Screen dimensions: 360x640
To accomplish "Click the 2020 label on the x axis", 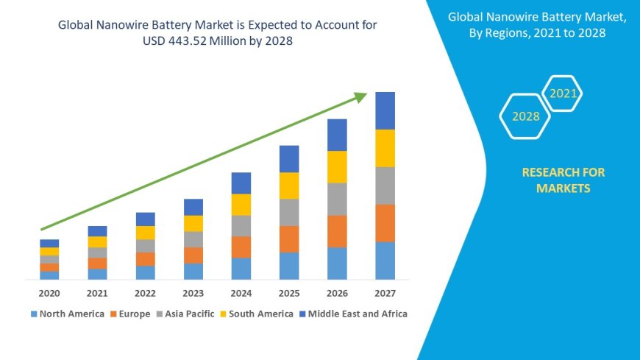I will (49, 293).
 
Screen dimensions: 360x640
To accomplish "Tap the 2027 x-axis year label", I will (385, 293).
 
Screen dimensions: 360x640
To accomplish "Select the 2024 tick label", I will (241, 293).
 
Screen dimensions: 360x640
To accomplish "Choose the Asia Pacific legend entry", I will (184, 314).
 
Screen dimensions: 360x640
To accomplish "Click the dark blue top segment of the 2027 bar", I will (385, 110).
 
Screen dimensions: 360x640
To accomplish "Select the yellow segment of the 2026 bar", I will (337, 166).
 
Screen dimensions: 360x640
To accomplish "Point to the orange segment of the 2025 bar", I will (289, 239).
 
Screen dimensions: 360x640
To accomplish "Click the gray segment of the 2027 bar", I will (385, 186).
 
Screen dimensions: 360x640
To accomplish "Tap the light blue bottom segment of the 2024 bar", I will (241, 268).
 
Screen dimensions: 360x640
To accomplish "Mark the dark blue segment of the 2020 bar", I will (49, 243).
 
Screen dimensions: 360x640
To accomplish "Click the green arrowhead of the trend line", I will (360, 96).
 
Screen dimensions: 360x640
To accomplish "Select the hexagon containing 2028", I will (525, 116).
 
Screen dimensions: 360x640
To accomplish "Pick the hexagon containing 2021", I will (563, 93).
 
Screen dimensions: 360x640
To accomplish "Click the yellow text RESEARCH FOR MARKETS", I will (563, 180).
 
